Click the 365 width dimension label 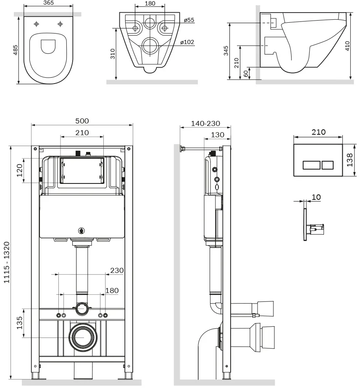[x=48, y=3]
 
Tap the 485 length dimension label [x=15, y=50]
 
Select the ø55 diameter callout [x=189, y=20]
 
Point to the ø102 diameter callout [x=187, y=42]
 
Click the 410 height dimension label [x=347, y=46]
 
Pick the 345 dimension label [x=226, y=50]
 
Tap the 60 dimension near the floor [x=246, y=73]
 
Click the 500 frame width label [x=82, y=121]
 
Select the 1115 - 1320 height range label [x=6, y=262]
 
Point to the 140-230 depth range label [x=205, y=123]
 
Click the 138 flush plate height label [x=349, y=160]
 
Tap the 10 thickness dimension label [x=316, y=197]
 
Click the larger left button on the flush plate [x=311, y=165]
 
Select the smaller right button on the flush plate [x=327, y=165]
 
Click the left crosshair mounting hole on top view [x=37, y=24]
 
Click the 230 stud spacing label [x=117, y=270]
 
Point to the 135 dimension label [x=19, y=323]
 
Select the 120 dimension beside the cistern [x=19, y=170]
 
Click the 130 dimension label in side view [x=217, y=135]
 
